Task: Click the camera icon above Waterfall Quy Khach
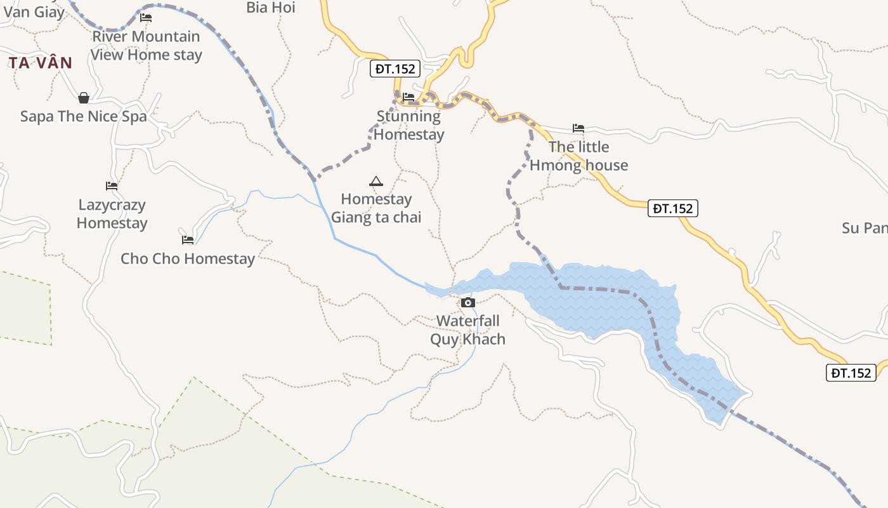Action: [468, 302]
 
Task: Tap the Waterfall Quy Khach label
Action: [468, 330]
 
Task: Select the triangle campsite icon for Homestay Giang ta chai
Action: [376, 182]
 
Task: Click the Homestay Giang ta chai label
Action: [376, 208]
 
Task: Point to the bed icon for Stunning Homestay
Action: [408, 97]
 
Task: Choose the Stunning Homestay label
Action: [408, 125]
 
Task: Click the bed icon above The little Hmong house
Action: [578, 128]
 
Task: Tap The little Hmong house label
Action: [578, 156]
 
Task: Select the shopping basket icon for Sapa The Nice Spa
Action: [83, 98]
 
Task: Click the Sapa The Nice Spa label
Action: [83, 117]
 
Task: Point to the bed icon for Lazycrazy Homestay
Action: [112, 186]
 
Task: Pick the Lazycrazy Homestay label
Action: [112, 214]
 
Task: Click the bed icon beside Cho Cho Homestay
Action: [187, 240]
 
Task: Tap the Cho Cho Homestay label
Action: [188, 259]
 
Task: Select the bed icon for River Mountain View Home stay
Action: [146, 18]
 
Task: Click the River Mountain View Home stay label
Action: [146, 46]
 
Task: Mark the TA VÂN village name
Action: [41, 63]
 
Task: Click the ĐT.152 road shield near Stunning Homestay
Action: [395, 69]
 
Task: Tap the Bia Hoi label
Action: [271, 8]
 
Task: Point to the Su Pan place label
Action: [864, 229]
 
